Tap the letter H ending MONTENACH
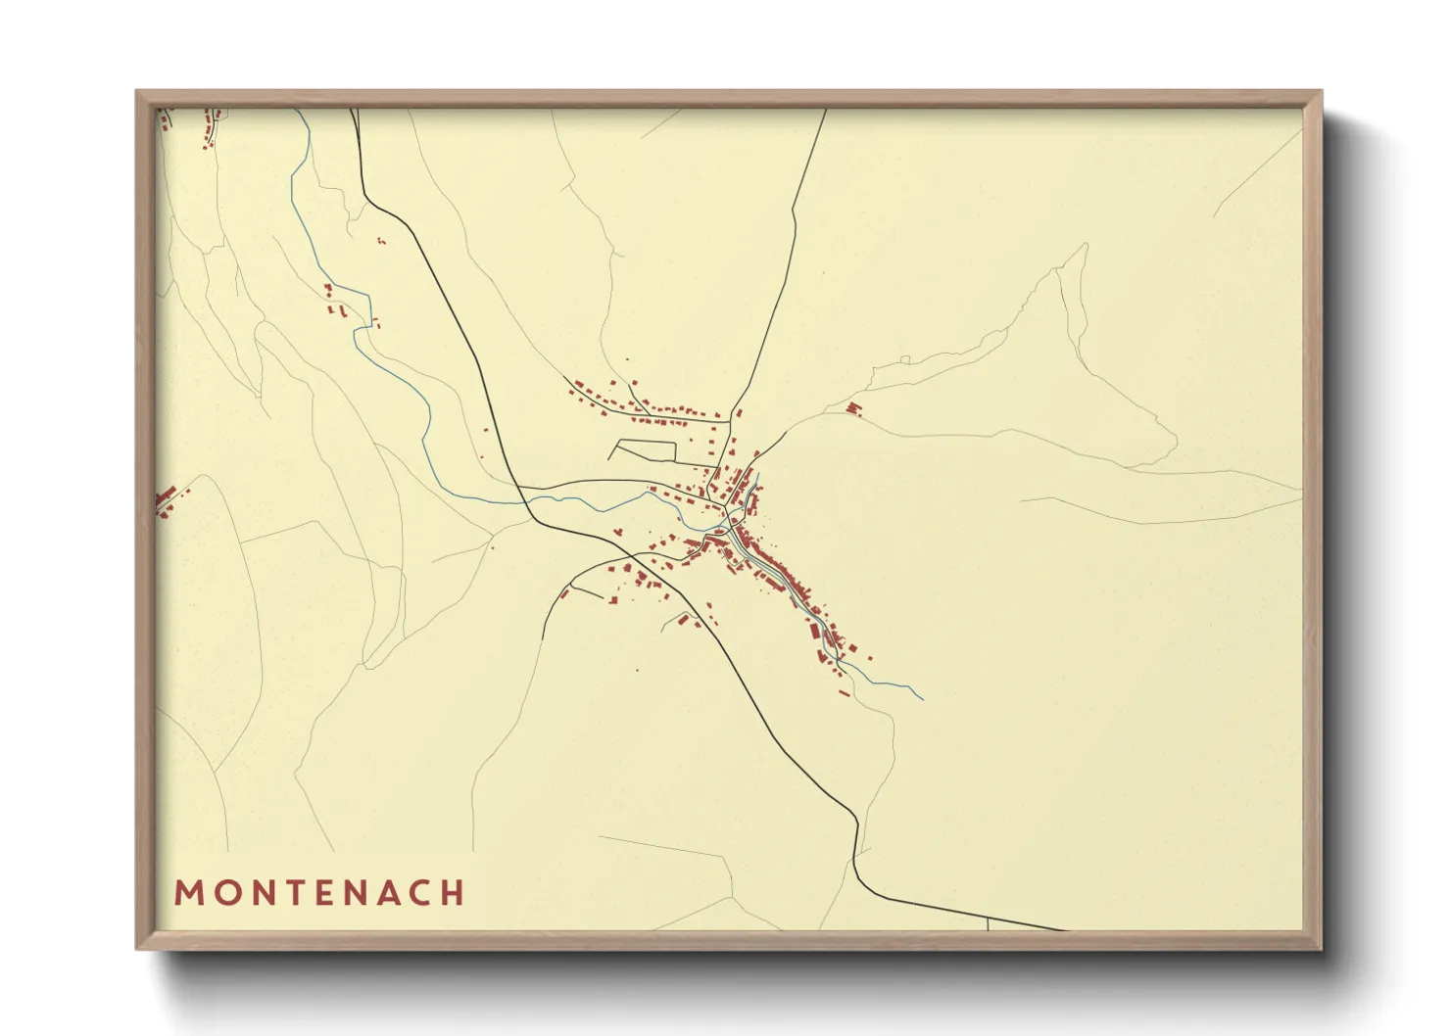[452, 893]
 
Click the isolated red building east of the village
[853, 408]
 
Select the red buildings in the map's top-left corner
[208, 128]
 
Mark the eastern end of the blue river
[922, 699]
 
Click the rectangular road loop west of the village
[643, 451]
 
